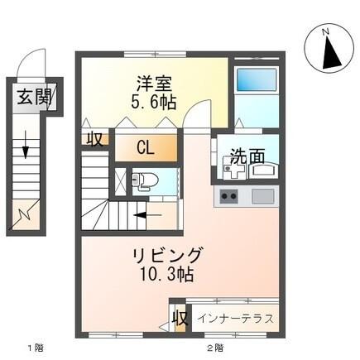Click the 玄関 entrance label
click(x=31, y=97)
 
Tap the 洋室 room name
click(x=154, y=84)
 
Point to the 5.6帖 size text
click(x=154, y=102)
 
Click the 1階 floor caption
click(x=33, y=348)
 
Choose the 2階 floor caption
click(x=214, y=348)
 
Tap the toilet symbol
click(x=144, y=180)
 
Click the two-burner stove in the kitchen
click(x=228, y=197)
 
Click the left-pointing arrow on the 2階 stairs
click(x=139, y=218)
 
